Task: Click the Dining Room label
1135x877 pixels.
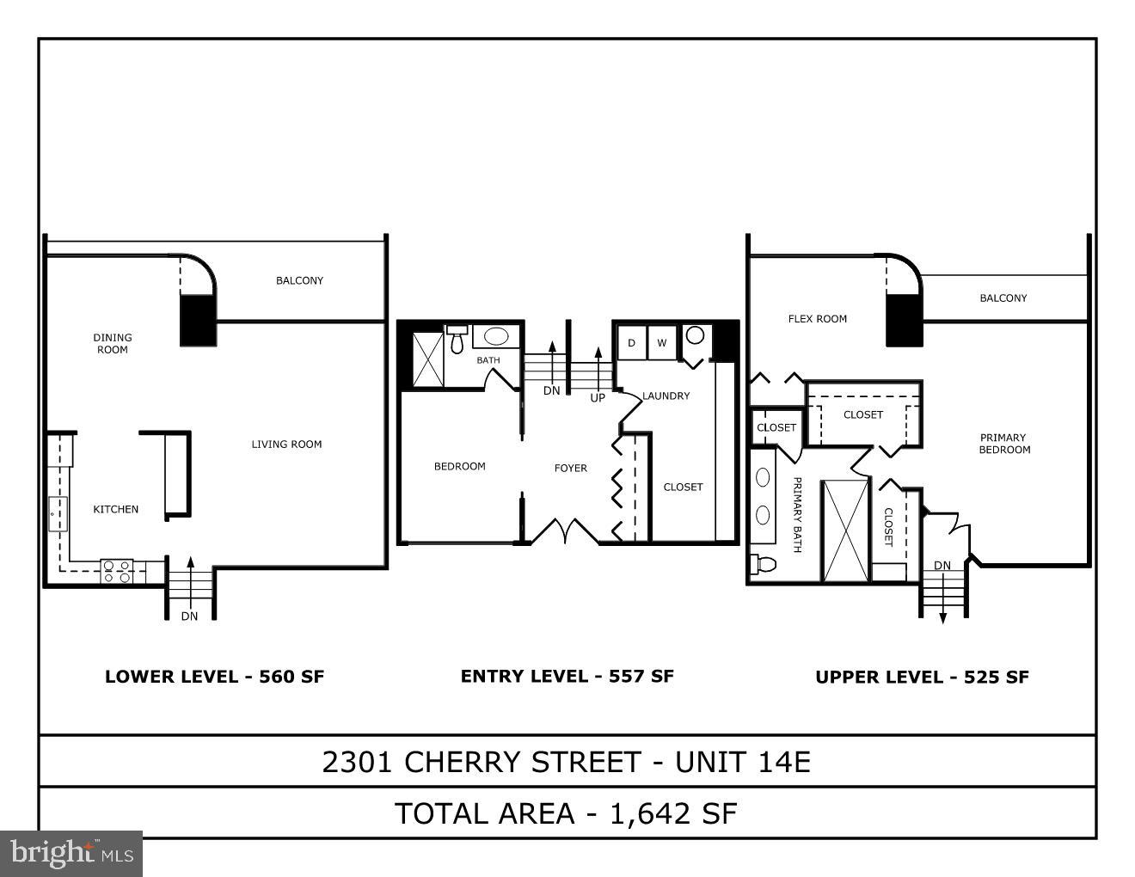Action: coord(113,343)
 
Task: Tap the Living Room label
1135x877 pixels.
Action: coord(286,445)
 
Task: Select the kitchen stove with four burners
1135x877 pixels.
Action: coord(116,571)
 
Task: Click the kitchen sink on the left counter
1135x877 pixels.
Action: coord(58,513)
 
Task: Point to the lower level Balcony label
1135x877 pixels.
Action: coord(299,280)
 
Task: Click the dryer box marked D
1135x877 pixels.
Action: coord(631,343)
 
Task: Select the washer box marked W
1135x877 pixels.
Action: coord(661,343)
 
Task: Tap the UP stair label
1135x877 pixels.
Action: coord(598,398)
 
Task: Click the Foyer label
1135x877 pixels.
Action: coord(570,468)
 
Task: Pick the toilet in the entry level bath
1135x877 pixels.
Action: coord(457,340)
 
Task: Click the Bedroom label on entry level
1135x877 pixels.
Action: coord(459,466)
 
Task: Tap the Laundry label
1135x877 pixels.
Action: coord(666,396)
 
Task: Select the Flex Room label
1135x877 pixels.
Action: coord(817,319)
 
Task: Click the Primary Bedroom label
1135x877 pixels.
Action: coord(1003,444)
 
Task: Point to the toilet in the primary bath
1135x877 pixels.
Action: coord(763,564)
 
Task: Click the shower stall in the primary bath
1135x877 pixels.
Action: coord(844,530)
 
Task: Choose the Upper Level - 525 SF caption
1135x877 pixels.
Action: coord(922,678)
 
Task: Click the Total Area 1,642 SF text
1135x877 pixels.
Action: coord(566,813)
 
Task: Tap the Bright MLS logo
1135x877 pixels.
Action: coord(71,853)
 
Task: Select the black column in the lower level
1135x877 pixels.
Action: coord(197,320)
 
